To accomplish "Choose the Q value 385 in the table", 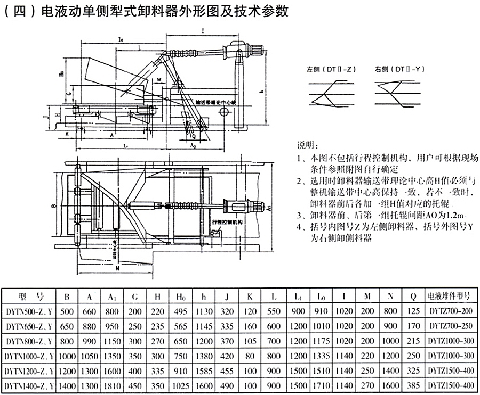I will (412, 385).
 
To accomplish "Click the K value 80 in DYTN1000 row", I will (250, 355).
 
